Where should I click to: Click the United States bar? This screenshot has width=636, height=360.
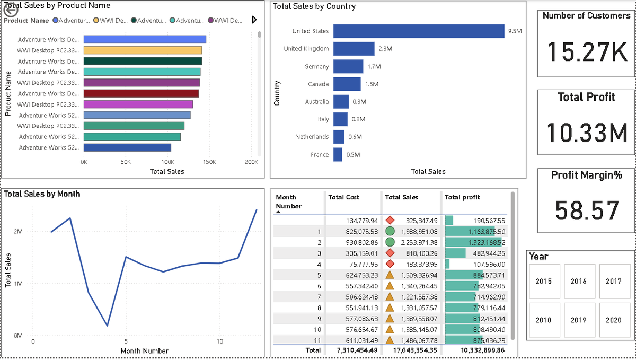pos(419,31)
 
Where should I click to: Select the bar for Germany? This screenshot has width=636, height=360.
pos(348,67)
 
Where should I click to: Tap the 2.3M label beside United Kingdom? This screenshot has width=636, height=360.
pos(385,49)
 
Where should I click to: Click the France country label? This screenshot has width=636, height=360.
pos(319,155)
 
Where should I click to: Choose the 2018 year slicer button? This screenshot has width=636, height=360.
pos(543,320)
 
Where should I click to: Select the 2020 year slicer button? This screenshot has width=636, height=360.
pos(614,320)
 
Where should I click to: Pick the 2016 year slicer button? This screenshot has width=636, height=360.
pos(578,282)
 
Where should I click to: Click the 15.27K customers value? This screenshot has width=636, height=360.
pos(587,52)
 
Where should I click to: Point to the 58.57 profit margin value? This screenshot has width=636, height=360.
pos(587,210)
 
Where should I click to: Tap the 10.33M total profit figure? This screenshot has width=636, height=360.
pos(587,133)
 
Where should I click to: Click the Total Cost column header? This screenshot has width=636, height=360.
pos(343,197)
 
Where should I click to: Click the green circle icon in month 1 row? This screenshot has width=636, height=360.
pos(390,231)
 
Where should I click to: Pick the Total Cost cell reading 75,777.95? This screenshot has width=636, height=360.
pos(359,264)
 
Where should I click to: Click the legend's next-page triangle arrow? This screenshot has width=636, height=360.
pos(254,20)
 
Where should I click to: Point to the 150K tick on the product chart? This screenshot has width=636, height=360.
pos(209,162)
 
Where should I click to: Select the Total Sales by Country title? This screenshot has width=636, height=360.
pos(314,7)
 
